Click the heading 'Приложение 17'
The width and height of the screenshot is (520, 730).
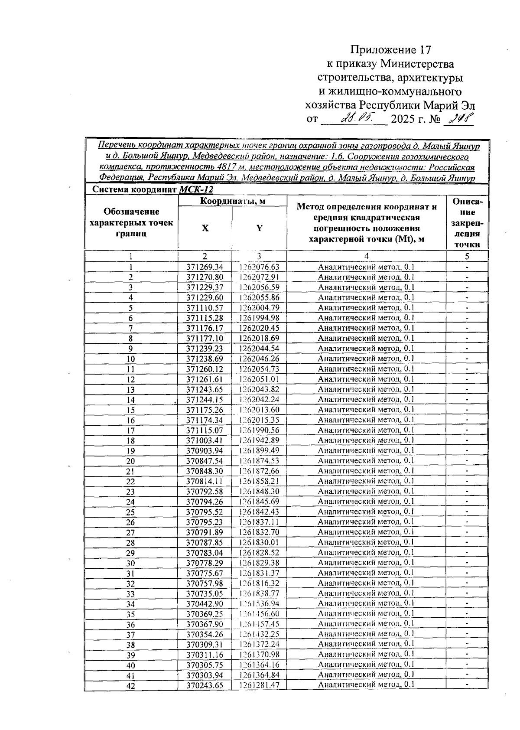(x=391, y=49)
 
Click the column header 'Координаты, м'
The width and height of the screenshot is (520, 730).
(x=232, y=201)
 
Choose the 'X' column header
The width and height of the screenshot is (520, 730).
(x=205, y=228)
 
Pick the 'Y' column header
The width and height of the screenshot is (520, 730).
(x=259, y=228)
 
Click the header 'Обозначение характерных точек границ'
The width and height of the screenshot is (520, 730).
(x=131, y=223)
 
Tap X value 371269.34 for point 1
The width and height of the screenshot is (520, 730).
(x=205, y=267)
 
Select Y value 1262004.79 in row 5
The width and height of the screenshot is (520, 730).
(x=259, y=308)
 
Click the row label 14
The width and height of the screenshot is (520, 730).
(x=130, y=400)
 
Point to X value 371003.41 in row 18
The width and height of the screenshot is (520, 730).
(x=205, y=440)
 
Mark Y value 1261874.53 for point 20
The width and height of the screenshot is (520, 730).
(x=259, y=461)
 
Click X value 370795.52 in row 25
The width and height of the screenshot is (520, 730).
(x=205, y=512)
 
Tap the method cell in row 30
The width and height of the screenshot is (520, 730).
(x=366, y=563)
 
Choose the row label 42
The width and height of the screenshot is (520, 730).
(x=130, y=686)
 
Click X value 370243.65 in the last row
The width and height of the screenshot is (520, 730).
(x=205, y=685)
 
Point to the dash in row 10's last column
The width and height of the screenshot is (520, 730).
(x=467, y=358)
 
